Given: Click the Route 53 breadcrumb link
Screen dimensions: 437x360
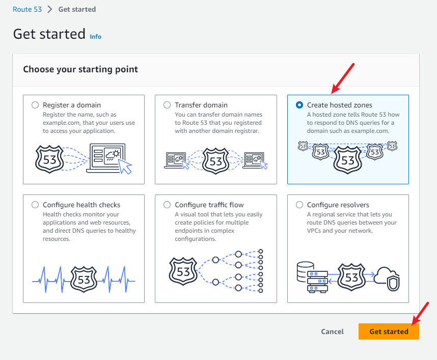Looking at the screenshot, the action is click(28, 9).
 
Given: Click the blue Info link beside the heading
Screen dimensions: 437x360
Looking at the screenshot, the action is click(95, 37).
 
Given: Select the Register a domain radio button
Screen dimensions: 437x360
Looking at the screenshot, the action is click(35, 105).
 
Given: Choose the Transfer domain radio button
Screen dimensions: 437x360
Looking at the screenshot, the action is click(167, 105).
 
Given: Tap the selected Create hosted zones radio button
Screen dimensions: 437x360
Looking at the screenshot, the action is click(299, 105).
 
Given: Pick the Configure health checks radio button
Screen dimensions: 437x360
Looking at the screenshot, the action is click(35, 205).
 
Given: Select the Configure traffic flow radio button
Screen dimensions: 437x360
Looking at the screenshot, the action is click(167, 205).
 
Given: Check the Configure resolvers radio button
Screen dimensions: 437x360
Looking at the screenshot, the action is click(299, 205).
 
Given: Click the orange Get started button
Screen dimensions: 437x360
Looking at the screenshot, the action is click(389, 331).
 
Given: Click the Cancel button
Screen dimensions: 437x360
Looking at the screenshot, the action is click(332, 331).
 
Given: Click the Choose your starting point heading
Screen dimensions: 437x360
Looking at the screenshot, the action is click(80, 69).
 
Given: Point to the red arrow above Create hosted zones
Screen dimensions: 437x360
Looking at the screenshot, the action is click(343, 78).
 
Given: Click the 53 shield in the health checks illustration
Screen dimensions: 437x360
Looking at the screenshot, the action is click(84, 279).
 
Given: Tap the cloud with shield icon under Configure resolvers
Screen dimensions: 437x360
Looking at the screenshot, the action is click(387, 279).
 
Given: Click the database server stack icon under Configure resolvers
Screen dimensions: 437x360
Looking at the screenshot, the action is click(312, 277).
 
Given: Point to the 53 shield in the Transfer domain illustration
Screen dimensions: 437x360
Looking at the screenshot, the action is click(216, 161).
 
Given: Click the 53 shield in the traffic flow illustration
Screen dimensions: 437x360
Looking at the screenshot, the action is click(183, 271).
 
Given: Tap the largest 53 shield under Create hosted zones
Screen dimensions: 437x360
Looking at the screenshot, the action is click(347, 160).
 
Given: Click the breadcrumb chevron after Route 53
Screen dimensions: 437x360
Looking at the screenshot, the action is click(50, 9).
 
